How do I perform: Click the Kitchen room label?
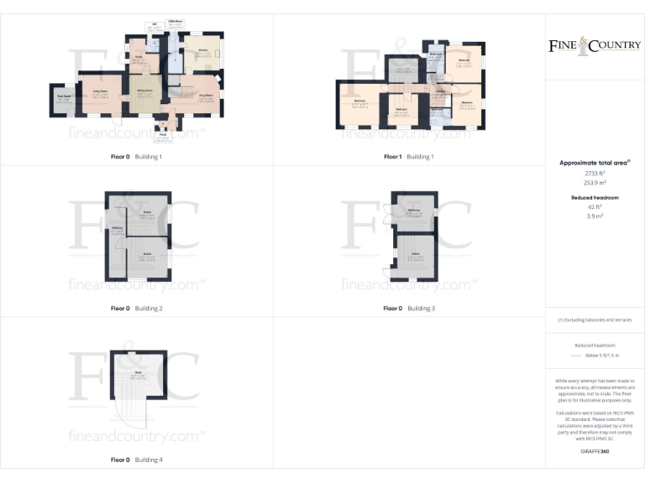coord(202,51)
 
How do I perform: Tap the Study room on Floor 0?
coord(138,58)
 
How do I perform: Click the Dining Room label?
coord(144,91)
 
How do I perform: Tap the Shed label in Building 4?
coord(138,372)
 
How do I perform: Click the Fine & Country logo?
coord(595,45)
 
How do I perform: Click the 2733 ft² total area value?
coord(595,172)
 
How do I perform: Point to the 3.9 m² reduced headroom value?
coord(595,216)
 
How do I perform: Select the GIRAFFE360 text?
coord(595,452)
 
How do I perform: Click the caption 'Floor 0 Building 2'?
coord(136,309)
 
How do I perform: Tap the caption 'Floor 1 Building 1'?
coord(409,157)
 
